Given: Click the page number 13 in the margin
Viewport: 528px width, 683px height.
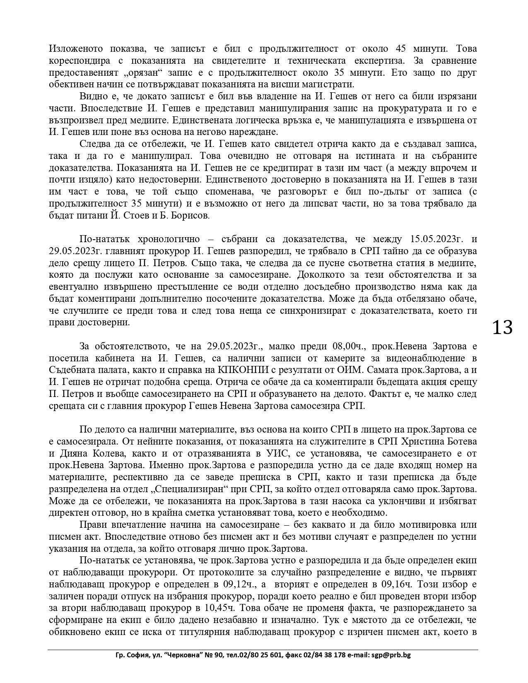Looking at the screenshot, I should tap(502, 327).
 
